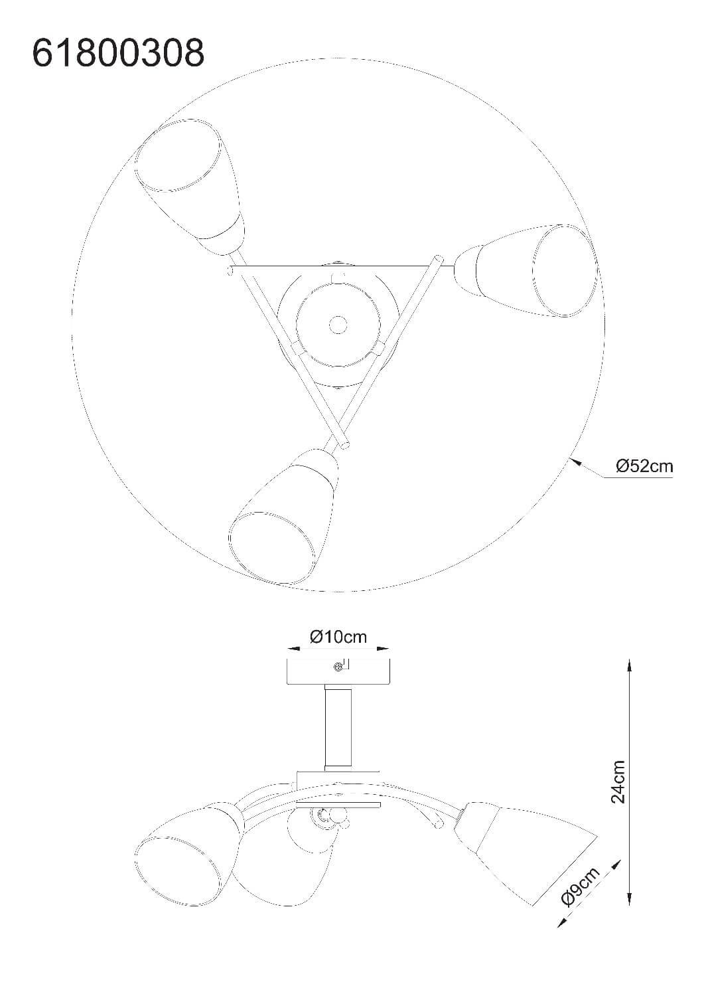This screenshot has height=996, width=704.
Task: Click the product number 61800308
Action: tap(118, 52)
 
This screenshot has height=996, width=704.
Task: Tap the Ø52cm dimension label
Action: tap(644, 466)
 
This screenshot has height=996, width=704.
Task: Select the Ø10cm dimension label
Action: tap(338, 637)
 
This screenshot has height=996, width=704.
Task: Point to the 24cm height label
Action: tap(618, 782)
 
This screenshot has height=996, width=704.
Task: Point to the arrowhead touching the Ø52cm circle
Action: tap(576, 461)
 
